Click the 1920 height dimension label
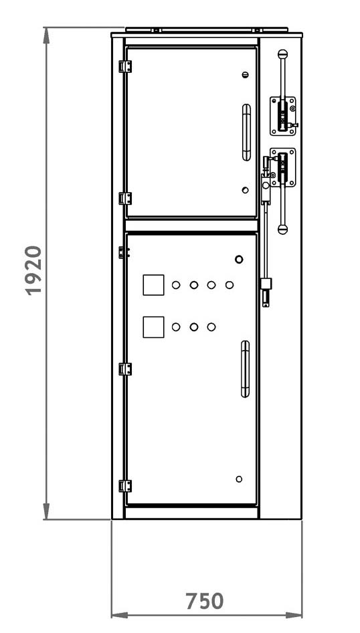click(34, 270)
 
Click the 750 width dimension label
click(205, 601)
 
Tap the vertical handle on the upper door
click(246, 132)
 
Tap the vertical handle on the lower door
click(246, 369)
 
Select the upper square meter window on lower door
click(153, 285)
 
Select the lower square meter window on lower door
click(153, 327)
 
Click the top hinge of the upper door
click(125, 67)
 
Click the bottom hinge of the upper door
click(125, 199)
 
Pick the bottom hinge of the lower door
click(125, 486)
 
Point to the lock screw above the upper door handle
click(246, 75)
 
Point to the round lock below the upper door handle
click(246, 190)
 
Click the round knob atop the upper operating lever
click(283, 54)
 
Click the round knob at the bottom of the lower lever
click(283, 230)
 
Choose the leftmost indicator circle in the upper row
click(176, 285)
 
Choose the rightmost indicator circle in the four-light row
click(230, 285)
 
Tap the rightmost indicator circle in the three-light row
click(211, 327)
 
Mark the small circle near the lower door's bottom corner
click(239, 479)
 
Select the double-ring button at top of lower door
click(240, 259)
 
